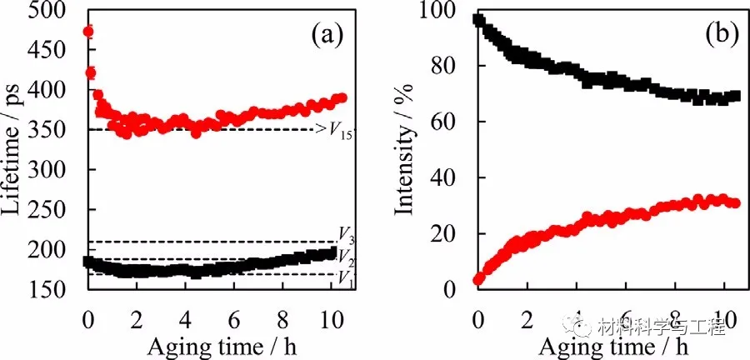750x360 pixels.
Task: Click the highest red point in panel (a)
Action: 87,32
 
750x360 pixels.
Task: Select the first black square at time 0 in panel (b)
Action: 477,19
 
